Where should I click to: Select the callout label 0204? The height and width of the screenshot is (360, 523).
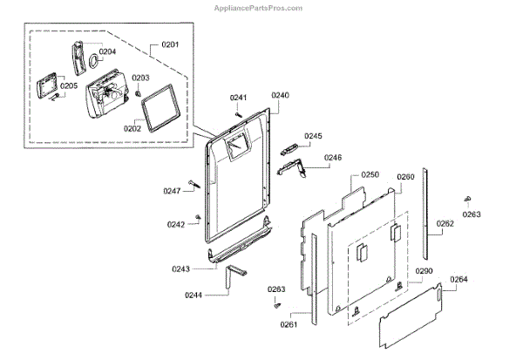(x=107, y=51)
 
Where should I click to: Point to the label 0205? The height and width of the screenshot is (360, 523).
(x=69, y=85)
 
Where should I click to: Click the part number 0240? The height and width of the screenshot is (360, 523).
(x=280, y=94)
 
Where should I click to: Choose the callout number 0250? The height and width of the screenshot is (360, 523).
(x=370, y=175)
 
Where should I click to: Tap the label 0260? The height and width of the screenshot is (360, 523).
(x=405, y=177)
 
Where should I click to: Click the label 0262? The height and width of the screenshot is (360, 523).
(x=445, y=224)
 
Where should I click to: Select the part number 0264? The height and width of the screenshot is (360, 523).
(x=458, y=280)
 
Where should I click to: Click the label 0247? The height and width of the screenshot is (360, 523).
(x=172, y=191)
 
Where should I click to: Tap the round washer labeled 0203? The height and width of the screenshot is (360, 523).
(x=137, y=93)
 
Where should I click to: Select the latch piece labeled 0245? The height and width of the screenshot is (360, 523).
(x=290, y=149)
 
